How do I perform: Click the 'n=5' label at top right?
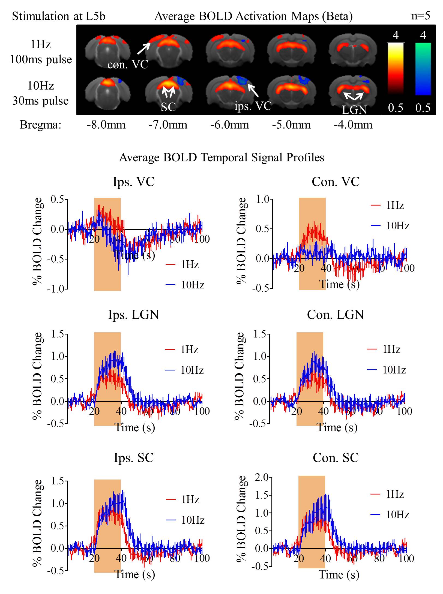tap(420, 16)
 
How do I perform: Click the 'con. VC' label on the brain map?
tap(128, 65)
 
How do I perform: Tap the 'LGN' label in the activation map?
tap(354, 110)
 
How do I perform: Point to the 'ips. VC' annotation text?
tap(253, 106)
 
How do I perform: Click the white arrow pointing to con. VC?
tap(143, 49)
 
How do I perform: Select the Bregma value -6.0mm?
tap(229, 125)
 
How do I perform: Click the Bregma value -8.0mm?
tap(106, 125)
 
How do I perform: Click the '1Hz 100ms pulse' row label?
tap(41, 52)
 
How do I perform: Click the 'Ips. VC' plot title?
tap(134, 182)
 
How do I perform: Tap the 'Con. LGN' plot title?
tap(335, 315)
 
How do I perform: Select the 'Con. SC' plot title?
tap(336, 458)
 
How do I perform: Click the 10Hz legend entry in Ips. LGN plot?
tap(185, 370)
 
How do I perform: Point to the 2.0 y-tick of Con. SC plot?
tap(262, 477)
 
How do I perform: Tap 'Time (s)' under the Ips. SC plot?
tap(134, 574)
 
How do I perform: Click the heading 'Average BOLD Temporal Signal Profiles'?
tap(221, 158)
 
